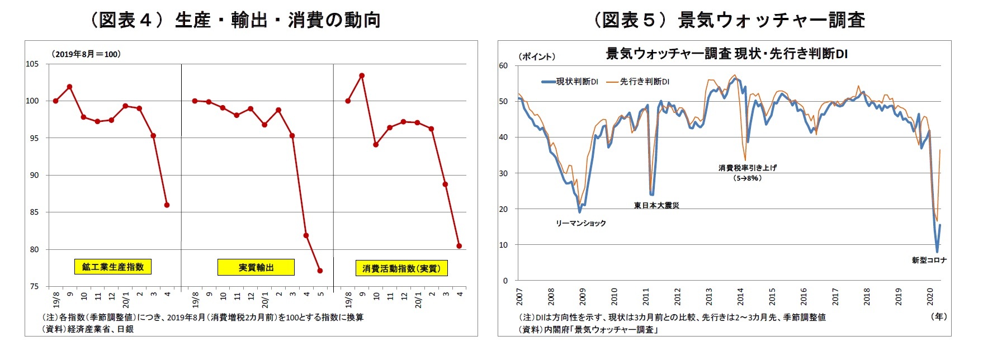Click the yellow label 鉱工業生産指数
coord(112,267)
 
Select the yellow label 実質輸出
coord(256,268)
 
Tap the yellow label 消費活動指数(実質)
coord(401,268)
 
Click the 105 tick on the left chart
coord(32,64)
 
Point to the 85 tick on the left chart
coord(34,212)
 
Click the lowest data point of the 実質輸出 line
coord(320,271)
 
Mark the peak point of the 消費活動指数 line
coord(362,75)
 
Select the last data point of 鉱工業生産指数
coord(167,205)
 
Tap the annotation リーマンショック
coord(580,223)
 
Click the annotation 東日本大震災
coord(656,205)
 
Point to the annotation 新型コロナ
coord(929,260)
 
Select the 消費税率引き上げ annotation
coord(747,168)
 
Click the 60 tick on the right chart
coord(503,66)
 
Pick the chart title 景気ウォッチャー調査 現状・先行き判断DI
coord(727,54)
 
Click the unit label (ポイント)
coord(536,56)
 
